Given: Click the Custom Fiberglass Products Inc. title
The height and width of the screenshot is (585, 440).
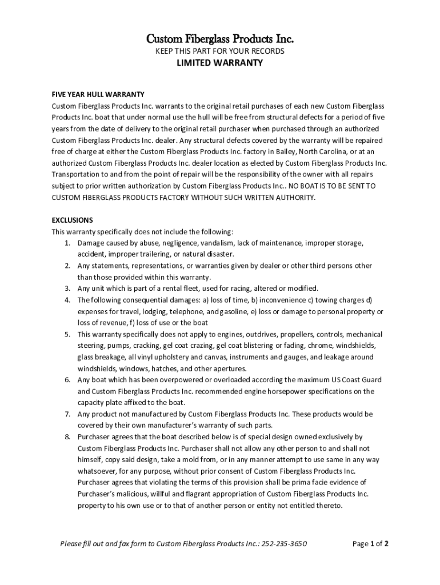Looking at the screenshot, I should [220, 39].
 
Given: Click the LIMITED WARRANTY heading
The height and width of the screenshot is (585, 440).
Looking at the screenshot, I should [220, 63].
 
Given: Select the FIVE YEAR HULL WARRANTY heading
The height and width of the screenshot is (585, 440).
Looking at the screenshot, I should [98, 94].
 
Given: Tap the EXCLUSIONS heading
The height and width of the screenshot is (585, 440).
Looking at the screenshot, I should [73, 220].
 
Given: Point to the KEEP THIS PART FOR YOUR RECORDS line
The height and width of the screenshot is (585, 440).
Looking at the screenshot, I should [220, 51].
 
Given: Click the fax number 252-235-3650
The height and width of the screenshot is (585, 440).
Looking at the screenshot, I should [285, 544].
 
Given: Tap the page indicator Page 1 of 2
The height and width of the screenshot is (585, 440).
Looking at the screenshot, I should [371, 544].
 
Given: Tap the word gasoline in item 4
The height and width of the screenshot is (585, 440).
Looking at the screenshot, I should [233, 311].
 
